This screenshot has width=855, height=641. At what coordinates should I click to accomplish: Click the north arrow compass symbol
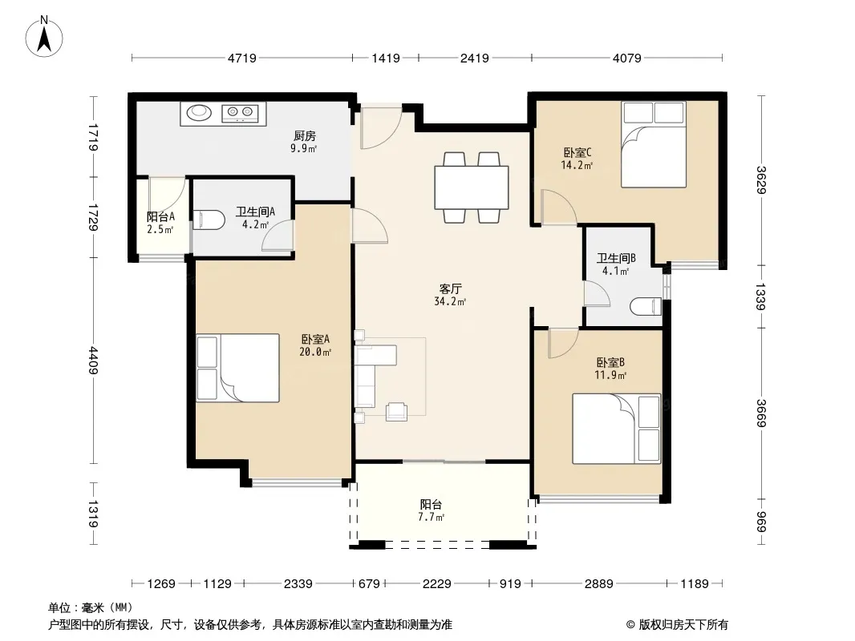[44, 37]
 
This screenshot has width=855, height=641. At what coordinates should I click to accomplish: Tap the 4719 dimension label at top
[241, 58]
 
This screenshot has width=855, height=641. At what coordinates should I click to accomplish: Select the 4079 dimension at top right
[626, 58]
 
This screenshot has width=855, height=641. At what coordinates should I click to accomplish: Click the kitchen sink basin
[198, 112]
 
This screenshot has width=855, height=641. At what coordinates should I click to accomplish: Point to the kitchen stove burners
[240, 112]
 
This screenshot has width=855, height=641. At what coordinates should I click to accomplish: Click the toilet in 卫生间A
[209, 220]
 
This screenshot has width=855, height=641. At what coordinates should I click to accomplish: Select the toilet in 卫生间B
[646, 306]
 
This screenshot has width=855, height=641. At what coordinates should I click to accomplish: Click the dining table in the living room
[472, 187]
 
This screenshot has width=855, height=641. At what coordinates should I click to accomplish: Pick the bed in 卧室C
[654, 145]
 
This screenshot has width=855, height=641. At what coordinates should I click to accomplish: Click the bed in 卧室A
[237, 368]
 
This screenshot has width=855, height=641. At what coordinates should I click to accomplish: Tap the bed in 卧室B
[617, 429]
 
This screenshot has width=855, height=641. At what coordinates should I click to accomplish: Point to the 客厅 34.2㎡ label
[450, 295]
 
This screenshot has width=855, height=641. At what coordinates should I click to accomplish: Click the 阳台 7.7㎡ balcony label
[431, 510]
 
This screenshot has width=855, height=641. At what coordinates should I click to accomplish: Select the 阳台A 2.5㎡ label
[160, 223]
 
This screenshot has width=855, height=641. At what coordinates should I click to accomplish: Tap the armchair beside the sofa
[396, 411]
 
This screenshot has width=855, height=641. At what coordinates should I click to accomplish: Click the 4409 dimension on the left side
[93, 361]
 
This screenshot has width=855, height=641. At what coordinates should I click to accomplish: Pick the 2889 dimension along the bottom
[598, 584]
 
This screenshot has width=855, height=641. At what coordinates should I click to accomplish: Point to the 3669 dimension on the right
[761, 413]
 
